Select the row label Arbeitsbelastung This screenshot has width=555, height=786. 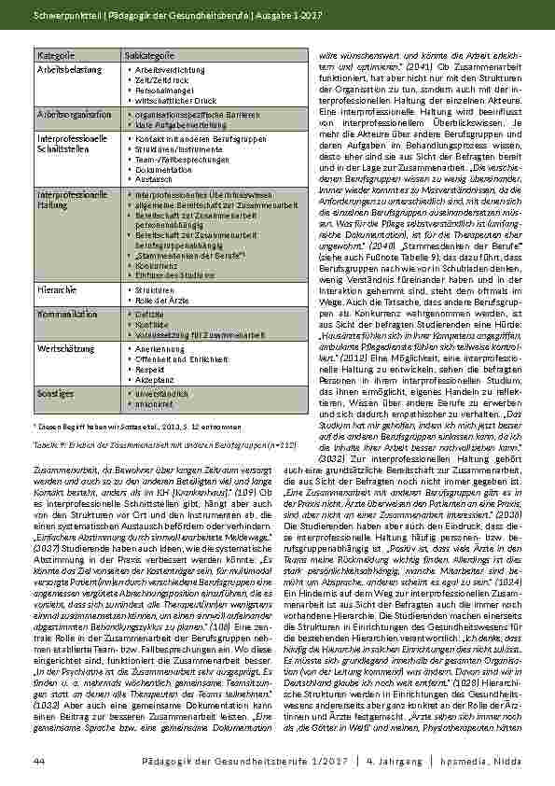click(x=62, y=69)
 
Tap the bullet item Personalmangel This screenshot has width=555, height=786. click(x=159, y=88)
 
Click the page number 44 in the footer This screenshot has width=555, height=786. click(x=38, y=761)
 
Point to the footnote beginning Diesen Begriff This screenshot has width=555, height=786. click(x=125, y=427)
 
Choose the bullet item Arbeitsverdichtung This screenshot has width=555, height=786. click(x=162, y=70)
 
